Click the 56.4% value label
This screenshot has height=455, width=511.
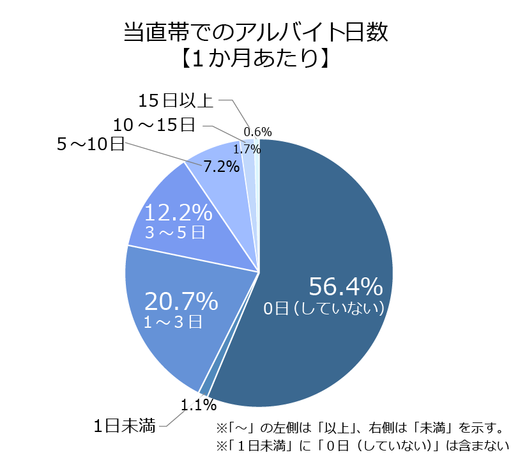point(345,286)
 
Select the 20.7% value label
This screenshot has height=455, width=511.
point(181,301)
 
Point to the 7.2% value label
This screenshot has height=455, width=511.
point(221,167)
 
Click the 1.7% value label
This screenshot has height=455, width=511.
point(247,150)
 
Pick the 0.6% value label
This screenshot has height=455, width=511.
point(257,132)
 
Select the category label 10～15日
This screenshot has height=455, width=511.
point(153,125)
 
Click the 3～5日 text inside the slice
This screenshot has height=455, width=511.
point(175,233)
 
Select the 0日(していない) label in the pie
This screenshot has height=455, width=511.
point(324,309)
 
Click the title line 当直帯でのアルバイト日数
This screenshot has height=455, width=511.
point(256,32)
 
